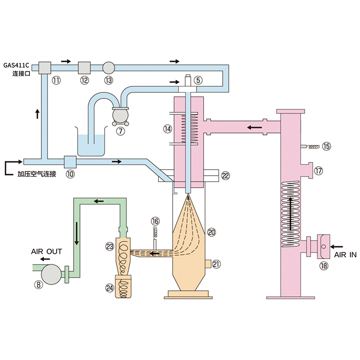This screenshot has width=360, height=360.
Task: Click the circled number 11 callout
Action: pos(56,80)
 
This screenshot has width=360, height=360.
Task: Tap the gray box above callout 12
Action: pos(84,68)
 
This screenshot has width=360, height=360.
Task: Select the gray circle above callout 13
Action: pos(108,68)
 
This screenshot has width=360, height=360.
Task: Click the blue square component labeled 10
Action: pos(70,162)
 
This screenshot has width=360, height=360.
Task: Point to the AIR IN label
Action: pos(345,255)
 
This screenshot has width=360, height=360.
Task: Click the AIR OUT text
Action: pos(47,252)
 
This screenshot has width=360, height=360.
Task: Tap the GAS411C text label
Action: pos(16,65)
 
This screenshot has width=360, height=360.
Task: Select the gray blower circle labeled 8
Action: pos(51,275)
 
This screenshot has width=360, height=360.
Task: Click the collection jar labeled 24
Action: pos(123,287)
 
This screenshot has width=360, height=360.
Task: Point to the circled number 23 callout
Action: pos(109,247)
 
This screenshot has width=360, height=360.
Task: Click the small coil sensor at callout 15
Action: pos(311,147)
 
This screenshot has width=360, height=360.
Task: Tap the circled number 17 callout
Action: pos(318,171)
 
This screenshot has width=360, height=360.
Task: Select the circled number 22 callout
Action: pos(226,176)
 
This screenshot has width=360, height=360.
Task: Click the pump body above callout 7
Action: pos(120,116)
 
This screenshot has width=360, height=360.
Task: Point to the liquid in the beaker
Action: pos(91,145)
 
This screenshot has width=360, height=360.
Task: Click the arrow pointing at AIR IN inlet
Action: pos(336,247)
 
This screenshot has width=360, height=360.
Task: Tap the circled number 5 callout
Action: pos(198,80)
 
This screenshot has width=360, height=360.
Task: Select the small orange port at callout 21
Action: pos(208,264)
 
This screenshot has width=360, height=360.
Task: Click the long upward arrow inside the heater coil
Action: pos(291,213)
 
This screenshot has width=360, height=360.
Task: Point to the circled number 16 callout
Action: pos(155,221)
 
